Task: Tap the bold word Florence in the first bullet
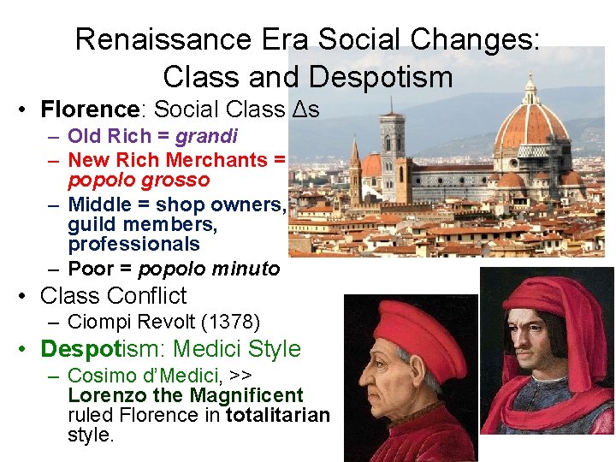coord(90,110)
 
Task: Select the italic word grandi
coord(206,136)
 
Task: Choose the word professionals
coord(133,244)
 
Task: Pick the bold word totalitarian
coord(276,416)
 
